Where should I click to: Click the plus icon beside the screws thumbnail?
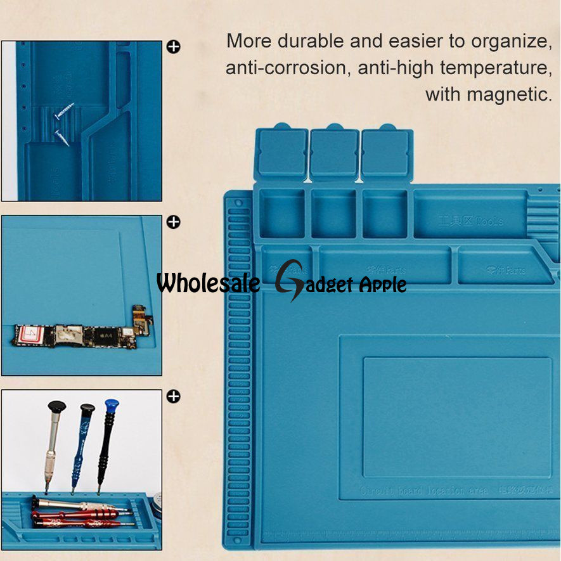pos(173,46)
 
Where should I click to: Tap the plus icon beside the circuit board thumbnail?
pos(173,222)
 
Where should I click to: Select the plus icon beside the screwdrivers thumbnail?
pos(173,396)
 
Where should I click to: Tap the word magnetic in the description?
pos(509,94)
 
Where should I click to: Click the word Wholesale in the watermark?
pos(208,283)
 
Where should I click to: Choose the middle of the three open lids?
pos(334,153)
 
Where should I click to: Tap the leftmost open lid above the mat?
pos(281,153)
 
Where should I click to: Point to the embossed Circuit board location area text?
pos(424,490)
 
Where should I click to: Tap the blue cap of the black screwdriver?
pos(112,404)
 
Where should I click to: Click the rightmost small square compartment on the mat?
pos(384,214)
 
